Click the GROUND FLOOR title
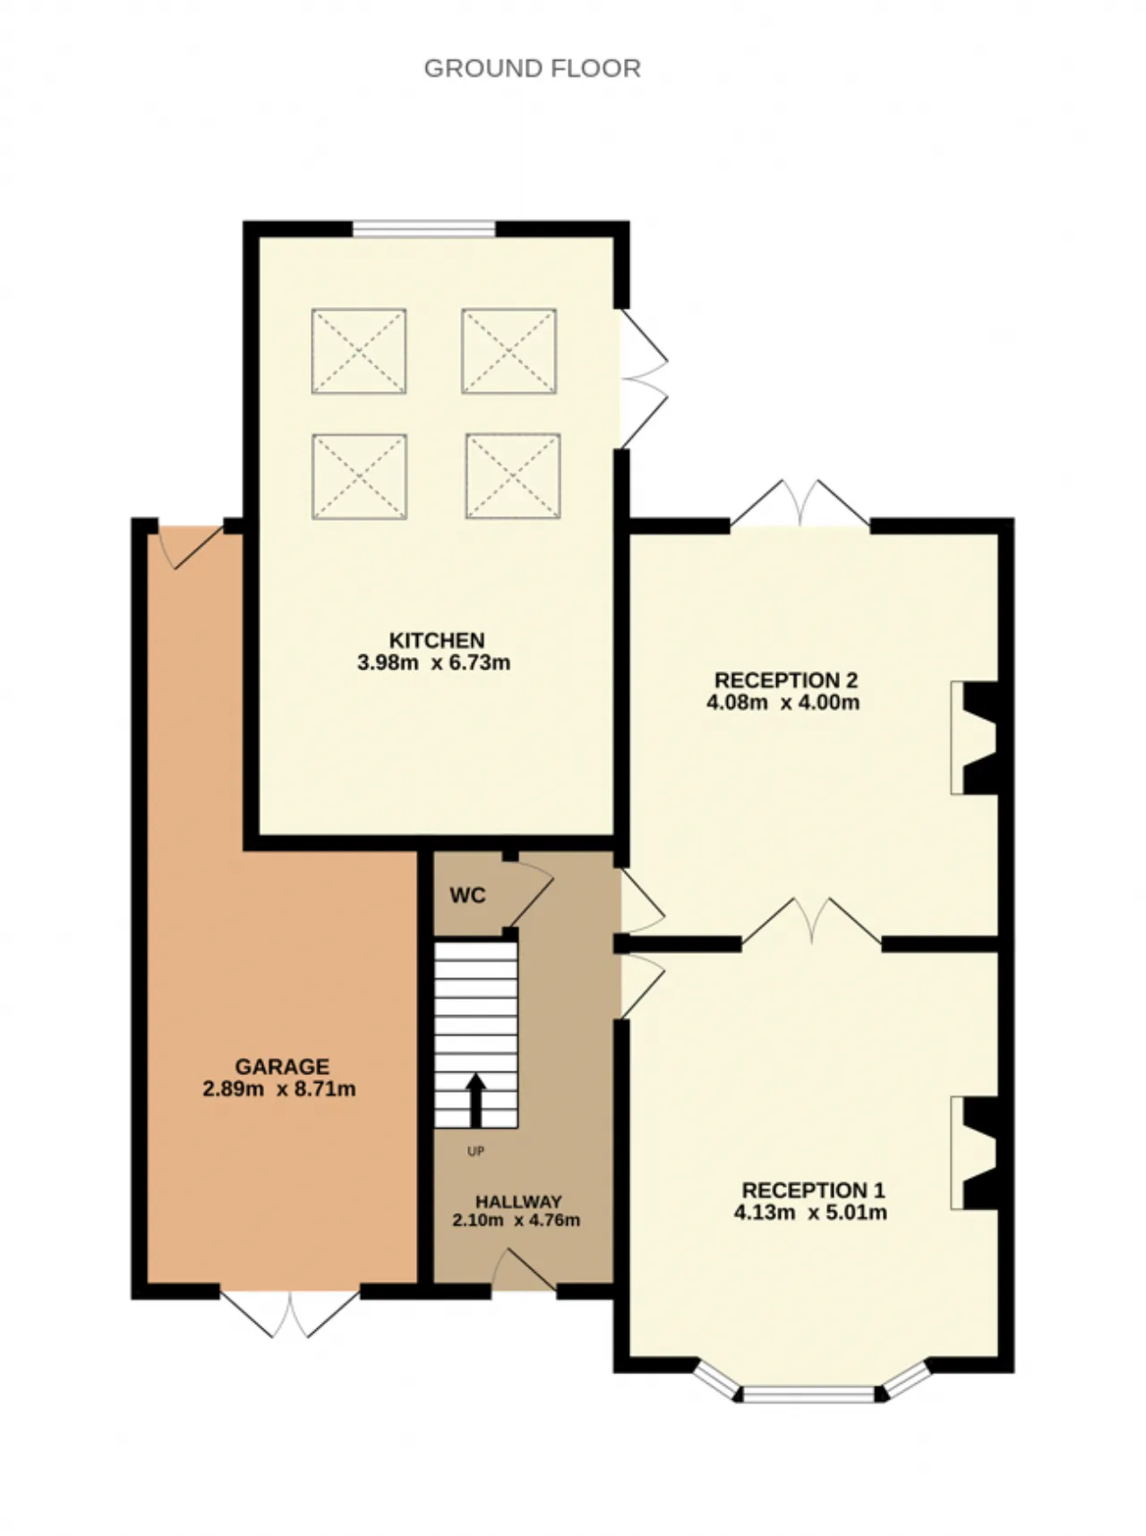point(532,69)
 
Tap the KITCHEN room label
point(437,641)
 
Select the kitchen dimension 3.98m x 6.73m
point(433,663)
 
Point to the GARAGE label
point(282,1067)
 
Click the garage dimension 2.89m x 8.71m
point(279,1089)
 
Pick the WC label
point(467,895)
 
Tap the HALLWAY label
point(518,1201)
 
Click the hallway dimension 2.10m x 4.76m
point(517,1220)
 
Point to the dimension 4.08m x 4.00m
point(783,703)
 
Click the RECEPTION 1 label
point(813,1190)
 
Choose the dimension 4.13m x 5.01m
point(810,1213)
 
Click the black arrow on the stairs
point(475,1100)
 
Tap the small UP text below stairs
point(475,1151)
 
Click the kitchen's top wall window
point(423,229)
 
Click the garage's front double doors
point(290,1311)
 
